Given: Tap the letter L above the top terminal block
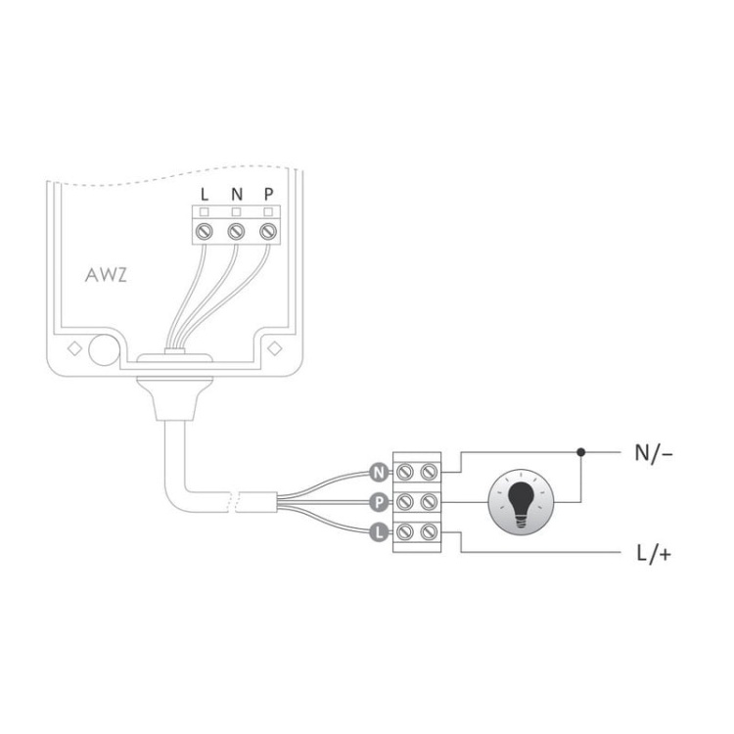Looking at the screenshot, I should click(204, 193).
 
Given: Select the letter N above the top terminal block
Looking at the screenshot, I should click(236, 193).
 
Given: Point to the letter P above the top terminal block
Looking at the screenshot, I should click(268, 193).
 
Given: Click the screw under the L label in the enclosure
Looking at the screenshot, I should click(204, 231).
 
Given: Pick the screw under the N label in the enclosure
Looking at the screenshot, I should click(236, 231).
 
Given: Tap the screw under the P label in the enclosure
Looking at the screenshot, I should click(268, 231).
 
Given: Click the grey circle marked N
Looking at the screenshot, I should click(378, 472).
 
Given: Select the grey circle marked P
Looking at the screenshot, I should click(378, 502).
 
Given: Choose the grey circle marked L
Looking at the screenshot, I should click(378, 532).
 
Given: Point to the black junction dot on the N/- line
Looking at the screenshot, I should click(581, 453).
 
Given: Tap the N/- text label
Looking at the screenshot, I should click(655, 453).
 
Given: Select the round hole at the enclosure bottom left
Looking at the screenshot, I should click(101, 349).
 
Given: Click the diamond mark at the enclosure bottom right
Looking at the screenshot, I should click(276, 347).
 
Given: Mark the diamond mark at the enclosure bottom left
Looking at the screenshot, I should click(73, 347).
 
